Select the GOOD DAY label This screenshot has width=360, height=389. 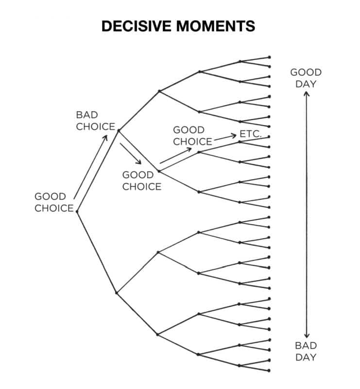pos(306,78)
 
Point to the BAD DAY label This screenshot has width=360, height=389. pos(306,351)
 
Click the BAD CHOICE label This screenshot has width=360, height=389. pos(95,121)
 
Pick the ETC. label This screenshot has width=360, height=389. pos(251,134)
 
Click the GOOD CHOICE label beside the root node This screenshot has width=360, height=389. pos(53,202)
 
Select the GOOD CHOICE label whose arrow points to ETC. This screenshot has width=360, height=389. pos(193,136)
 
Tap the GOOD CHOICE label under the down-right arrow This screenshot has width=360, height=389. pos(141,180)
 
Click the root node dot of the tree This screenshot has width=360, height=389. pos(77,212)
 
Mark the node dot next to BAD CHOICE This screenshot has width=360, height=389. pos(119,130)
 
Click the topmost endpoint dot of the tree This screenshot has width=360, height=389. pos(269,57)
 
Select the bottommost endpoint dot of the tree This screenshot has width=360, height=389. pos(269,371)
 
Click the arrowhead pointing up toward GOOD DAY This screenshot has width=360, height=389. pos(306,93)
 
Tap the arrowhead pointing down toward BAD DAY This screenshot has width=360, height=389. pos(306,336)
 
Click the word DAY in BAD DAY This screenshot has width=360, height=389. pos(306,357)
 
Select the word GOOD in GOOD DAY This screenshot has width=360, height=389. pos(306,72)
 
